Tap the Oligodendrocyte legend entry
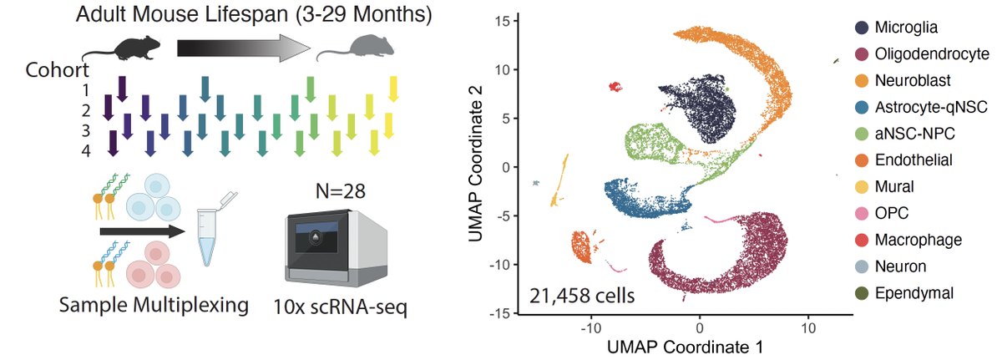tap(924, 54)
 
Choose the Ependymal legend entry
tap(909, 293)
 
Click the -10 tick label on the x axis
tap(591, 329)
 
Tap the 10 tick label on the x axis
tap(808, 329)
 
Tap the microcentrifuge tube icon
tap(213, 231)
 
